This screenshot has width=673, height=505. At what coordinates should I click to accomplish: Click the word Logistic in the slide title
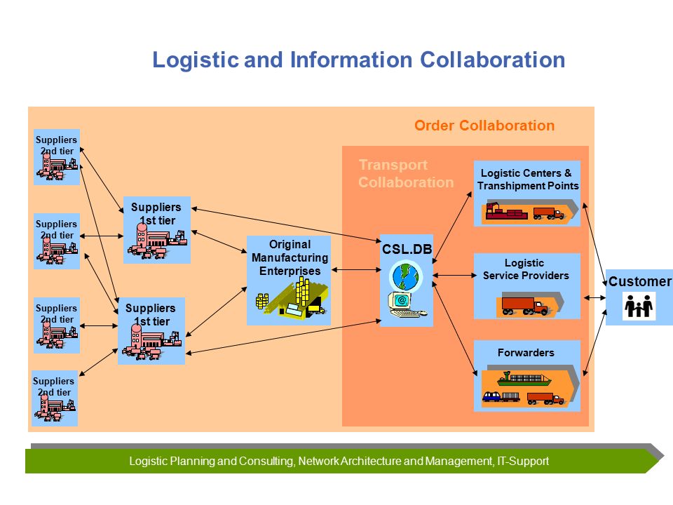click(196, 60)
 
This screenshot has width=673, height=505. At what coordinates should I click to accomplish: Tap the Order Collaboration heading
click(484, 126)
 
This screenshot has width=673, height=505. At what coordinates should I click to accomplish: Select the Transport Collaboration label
click(406, 173)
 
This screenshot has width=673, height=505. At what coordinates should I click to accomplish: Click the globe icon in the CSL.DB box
click(406, 276)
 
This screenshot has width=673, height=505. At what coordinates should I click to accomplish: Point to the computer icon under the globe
click(404, 305)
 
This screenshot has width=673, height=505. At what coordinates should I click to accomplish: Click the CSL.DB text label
click(407, 249)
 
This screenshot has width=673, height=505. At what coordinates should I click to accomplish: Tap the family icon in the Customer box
click(639, 306)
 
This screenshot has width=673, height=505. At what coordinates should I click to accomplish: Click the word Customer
click(639, 281)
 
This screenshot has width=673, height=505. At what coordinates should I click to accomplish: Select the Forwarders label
click(526, 353)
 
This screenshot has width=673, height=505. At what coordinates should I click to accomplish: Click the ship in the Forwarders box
click(524, 379)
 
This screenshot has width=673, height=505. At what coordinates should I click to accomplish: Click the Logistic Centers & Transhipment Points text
click(527, 179)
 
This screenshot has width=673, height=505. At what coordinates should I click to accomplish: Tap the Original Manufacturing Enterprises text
click(290, 257)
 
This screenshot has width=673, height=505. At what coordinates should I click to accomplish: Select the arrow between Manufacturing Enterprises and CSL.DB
click(356, 269)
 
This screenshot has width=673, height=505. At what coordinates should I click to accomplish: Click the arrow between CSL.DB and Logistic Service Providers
click(454, 275)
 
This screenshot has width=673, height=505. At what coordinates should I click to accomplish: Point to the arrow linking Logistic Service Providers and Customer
click(594, 297)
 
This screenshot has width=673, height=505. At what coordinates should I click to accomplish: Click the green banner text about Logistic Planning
click(339, 462)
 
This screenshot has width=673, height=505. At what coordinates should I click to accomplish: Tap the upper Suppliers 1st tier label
click(156, 214)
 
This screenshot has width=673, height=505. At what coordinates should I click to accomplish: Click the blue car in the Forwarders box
click(491, 396)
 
